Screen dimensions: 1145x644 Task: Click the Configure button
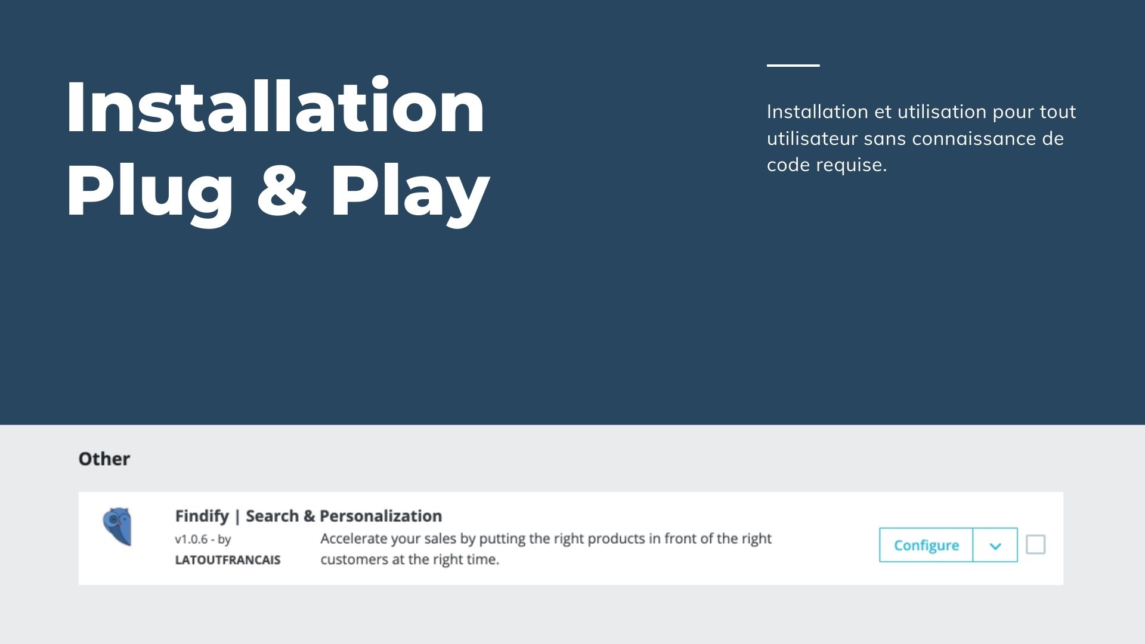(x=926, y=545)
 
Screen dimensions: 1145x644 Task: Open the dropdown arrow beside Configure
(x=995, y=545)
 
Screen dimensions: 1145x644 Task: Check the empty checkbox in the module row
(x=1036, y=544)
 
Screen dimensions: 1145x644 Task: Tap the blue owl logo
(x=117, y=527)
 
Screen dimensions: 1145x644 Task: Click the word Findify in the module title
(x=202, y=516)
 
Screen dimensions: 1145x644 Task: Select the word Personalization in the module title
(x=381, y=516)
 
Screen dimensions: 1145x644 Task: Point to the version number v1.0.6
(x=191, y=539)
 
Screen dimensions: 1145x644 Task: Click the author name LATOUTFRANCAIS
(x=228, y=560)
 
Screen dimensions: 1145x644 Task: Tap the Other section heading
(x=104, y=459)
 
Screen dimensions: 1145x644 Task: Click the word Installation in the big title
(x=276, y=107)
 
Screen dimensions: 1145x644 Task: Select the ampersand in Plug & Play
(x=282, y=190)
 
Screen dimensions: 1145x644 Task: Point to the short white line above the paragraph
(x=793, y=65)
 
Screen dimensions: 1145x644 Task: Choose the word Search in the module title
(x=273, y=516)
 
